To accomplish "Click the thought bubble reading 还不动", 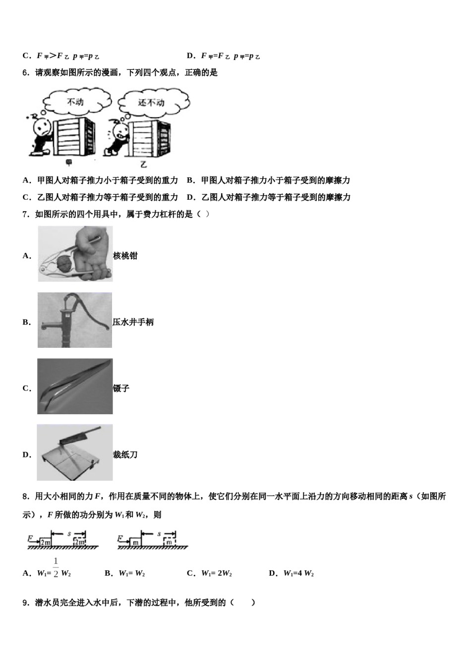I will (x=151, y=103).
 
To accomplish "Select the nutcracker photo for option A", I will (x=75, y=254).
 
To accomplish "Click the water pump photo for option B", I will (x=75, y=320).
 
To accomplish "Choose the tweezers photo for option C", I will (x=75, y=387).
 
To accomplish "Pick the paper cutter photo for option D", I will (x=75, y=452).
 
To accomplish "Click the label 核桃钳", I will (x=125, y=256).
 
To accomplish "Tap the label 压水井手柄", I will (x=133, y=322).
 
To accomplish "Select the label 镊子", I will (x=121, y=388).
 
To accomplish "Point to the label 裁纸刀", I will (x=125, y=454).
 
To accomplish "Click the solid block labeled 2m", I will (x=46, y=542).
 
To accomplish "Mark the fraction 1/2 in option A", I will (x=56, y=568).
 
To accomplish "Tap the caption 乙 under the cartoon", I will (x=143, y=164).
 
